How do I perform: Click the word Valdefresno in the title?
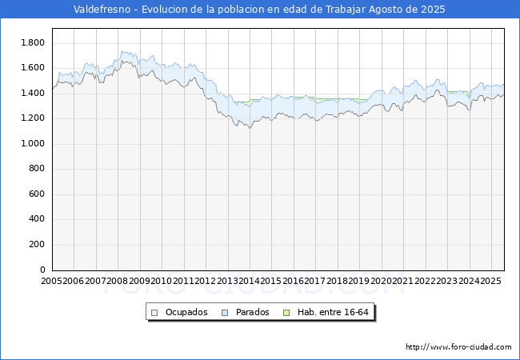coord(102,10)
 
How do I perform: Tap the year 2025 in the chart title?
coord(433,10)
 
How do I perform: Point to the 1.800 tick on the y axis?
coord(33,42)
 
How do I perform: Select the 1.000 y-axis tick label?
coord(33,143)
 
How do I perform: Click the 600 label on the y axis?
coord(37,194)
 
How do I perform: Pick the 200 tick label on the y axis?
coord(37,244)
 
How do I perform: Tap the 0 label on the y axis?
coord(42,270)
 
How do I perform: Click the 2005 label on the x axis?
coord(51,281)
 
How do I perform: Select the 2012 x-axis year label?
coord(206,281)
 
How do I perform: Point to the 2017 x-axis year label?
coord(314,281)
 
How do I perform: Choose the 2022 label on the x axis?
coord(425,281)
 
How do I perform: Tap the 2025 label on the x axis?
coord(490,281)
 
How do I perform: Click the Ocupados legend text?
coord(186,312)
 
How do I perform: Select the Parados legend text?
coord(252,312)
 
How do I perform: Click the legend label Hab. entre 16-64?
coord(333,312)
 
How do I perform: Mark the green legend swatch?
coord(286,313)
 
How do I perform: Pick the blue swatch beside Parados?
coord(225,313)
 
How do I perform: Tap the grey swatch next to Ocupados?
coord(154,313)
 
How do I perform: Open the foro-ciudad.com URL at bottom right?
coord(458,347)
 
